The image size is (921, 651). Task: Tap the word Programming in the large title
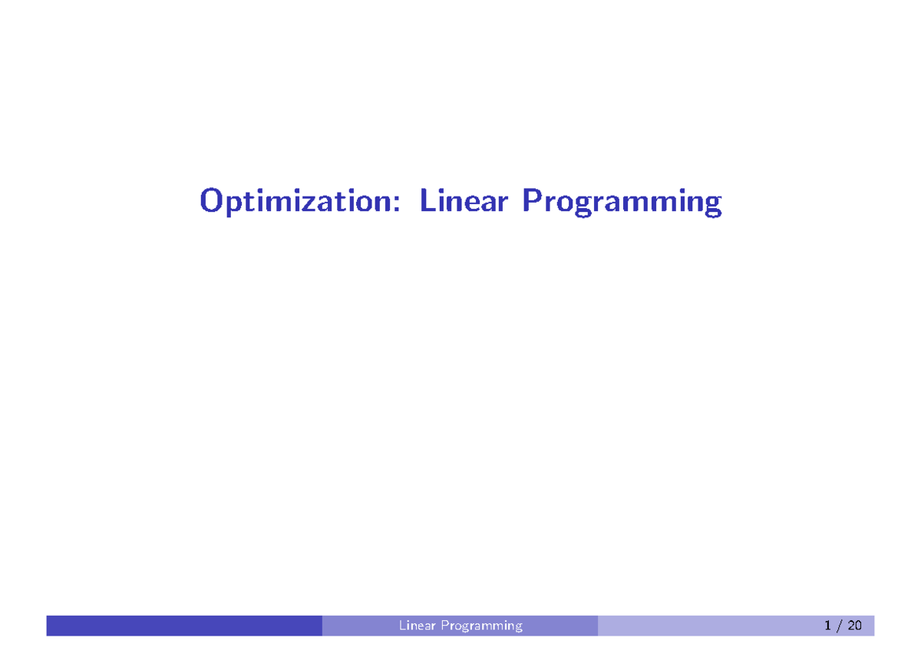pos(622,203)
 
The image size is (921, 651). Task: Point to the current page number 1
pos(828,626)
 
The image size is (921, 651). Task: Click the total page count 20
pos(854,626)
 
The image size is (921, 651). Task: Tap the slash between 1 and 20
pos(840,626)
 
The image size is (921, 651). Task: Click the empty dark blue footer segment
pos(184,626)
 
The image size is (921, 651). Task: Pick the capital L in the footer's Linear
pos(402,626)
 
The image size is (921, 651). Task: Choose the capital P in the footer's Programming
pos(444,626)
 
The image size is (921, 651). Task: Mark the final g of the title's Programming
pos(713,206)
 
